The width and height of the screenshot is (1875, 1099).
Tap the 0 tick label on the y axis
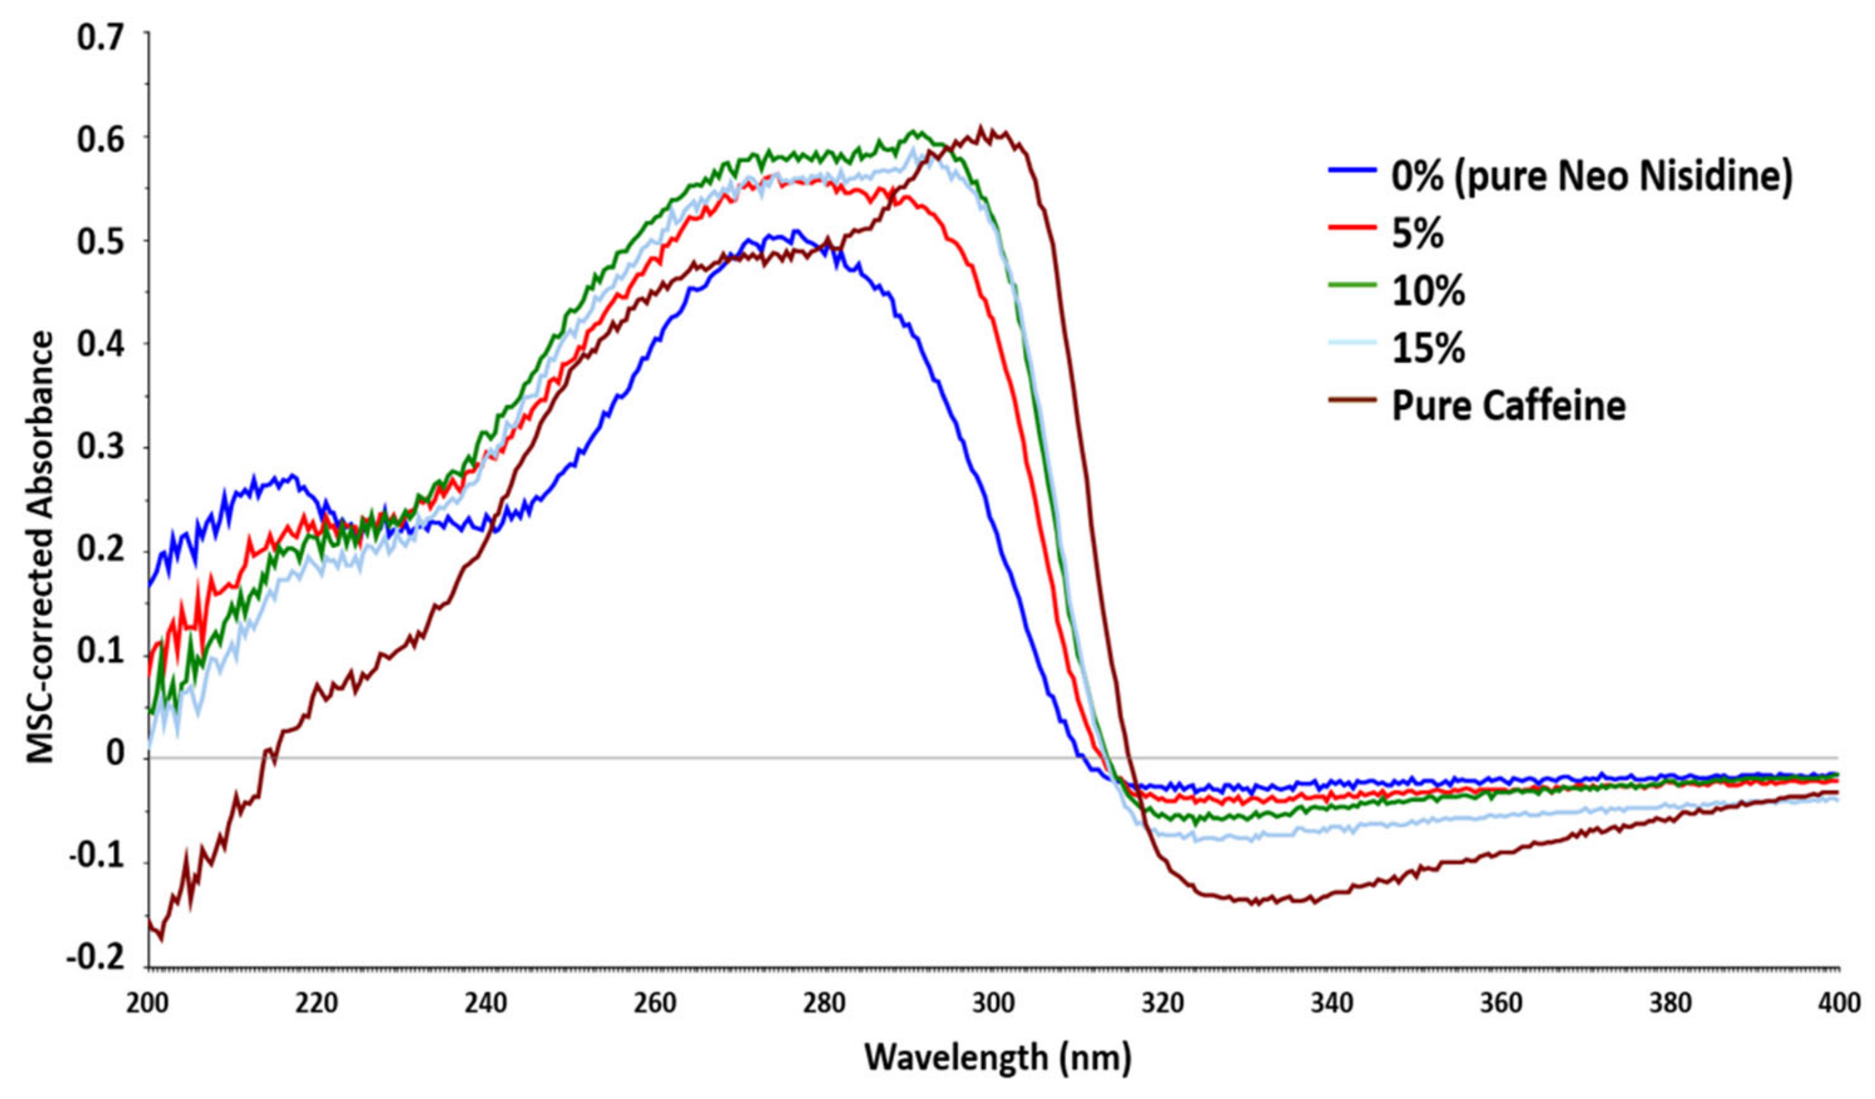[x=115, y=754]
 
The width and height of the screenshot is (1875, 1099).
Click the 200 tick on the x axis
[x=148, y=1003]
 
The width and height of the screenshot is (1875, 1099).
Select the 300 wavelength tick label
[x=993, y=1003]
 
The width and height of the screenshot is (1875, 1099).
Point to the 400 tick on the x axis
[x=1838, y=1003]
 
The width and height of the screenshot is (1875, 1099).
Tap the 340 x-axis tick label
[x=1332, y=1003]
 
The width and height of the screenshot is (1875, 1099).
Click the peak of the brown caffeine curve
[x=981, y=128]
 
